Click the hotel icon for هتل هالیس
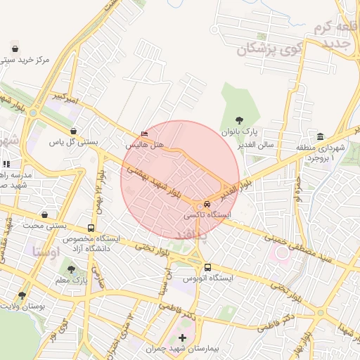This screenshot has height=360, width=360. (145, 134)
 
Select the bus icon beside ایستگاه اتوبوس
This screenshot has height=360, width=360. (207, 267)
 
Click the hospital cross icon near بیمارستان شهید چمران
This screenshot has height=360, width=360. (183, 338)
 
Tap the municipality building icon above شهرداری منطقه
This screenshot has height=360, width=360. (321, 136)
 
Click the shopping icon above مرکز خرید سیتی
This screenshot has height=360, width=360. (15, 49)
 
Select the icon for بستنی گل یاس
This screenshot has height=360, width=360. (74, 131)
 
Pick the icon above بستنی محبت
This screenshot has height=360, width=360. (45, 215)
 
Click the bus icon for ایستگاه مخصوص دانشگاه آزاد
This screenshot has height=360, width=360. (91, 229)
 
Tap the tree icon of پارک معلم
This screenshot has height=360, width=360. (70, 269)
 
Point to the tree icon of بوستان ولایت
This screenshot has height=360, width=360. (22, 295)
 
